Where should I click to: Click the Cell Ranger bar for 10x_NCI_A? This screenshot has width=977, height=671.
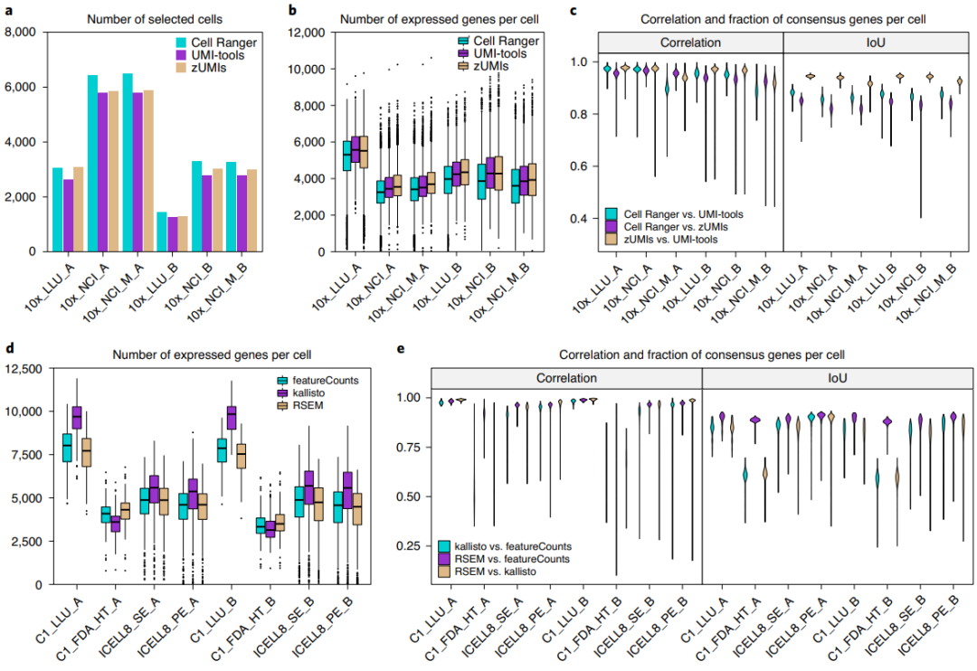coord(91,163)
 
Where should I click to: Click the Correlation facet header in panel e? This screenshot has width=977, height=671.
coord(565,379)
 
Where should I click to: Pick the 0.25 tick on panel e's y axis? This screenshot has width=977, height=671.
coord(413,545)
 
